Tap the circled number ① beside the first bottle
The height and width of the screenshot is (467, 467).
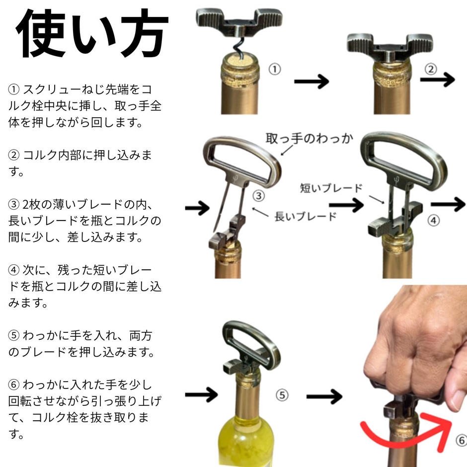[x=275, y=70]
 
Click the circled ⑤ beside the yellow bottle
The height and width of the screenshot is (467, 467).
[x=282, y=395]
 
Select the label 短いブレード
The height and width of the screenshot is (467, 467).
[x=331, y=188]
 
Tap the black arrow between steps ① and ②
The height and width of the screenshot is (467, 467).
[x=311, y=81]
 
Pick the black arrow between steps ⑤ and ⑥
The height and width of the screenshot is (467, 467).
[x=324, y=396]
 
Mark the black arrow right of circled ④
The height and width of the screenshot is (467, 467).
[x=448, y=204]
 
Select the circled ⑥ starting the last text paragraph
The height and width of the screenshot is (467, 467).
[x=14, y=385]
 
